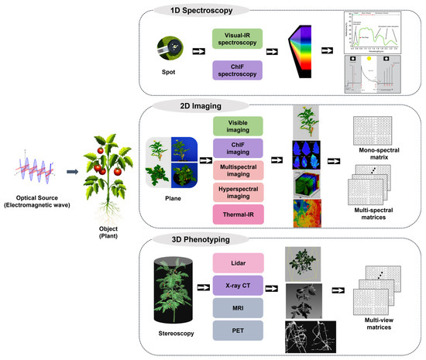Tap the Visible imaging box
pos(240,126)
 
